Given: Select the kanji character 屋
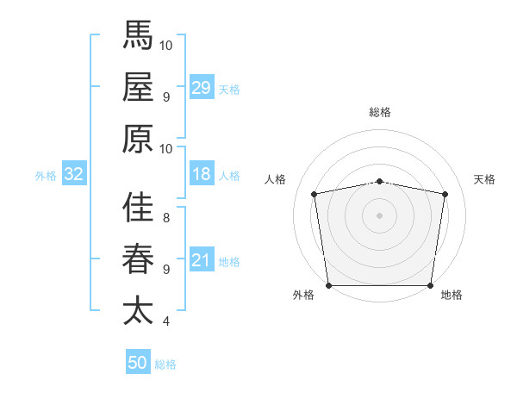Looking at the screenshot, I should coord(138,87).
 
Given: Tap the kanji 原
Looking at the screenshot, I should coord(138,138).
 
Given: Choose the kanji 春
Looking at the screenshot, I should coord(138,259).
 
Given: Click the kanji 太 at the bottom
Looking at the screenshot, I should coord(138,310).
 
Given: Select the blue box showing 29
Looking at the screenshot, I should coord(202,88).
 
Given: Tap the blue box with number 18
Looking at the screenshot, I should coord(202,174).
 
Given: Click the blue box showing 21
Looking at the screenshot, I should coord(202,260).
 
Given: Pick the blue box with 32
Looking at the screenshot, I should coord(74,174).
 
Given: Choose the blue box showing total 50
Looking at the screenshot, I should coord(138,363).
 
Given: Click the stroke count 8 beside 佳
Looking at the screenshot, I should coord(165,218).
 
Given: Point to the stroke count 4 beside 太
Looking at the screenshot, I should coord(165,321).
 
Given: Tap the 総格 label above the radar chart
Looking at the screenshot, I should coord(379,112).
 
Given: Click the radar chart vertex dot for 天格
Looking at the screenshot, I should coord(445,194).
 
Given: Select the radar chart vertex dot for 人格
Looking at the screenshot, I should coord(314,194).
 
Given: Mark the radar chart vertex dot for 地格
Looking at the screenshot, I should coord(430,285).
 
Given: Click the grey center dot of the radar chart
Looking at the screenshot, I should coord(379,215).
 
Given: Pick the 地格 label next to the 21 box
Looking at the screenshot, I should coord(230,262).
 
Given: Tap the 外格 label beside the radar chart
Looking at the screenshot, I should coord(303,296).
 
